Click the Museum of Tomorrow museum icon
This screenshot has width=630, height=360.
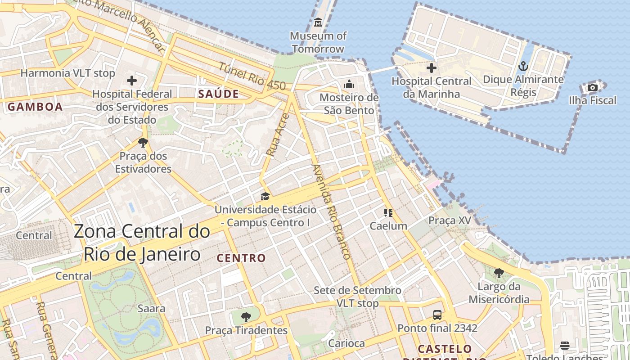coord(318,22)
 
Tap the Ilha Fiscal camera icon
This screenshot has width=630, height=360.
coord(593,87)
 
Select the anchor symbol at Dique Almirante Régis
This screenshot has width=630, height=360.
coord(523,67)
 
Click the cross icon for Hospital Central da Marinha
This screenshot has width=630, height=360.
coord(431,68)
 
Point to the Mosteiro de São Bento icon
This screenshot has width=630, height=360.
coord(349,84)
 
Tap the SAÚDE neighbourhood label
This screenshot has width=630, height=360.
coord(218,94)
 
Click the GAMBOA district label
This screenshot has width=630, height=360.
coord(35,107)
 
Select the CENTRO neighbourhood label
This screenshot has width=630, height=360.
coord(241,258)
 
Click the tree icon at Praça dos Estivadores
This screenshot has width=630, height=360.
coord(143,143)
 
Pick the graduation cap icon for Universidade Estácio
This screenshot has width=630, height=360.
coord(265,197)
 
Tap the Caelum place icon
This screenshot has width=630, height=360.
coord(388,212)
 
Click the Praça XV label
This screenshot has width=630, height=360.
coord(450,220)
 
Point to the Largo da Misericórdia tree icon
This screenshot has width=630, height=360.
coord(499,273)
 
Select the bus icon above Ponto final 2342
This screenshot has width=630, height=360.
coord(437,315)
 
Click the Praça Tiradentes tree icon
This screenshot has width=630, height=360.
coord(246,317)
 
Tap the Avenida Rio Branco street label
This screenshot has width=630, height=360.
coord(331,211)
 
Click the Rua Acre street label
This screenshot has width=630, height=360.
coord(277,135)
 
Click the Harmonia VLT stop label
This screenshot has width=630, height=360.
coord(68,73)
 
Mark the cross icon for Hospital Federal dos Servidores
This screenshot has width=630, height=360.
coord(132,81)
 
